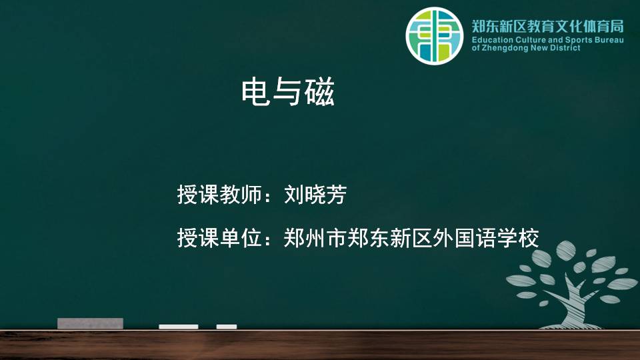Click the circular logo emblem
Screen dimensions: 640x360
click(x=434, y=36)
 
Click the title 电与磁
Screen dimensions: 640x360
click(x=288, y=93)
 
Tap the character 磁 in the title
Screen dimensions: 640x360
click(x=319, y=93)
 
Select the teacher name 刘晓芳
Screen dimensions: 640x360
click(x=315, y=194)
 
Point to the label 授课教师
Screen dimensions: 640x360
click(x=219, y=194)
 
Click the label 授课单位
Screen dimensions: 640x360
click(x=219, y=237)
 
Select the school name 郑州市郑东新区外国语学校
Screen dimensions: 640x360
click(x=411, y=237)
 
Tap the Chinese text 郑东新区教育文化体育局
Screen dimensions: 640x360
click(x=548, y=27)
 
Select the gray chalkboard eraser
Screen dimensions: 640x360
click(x=90, y=323)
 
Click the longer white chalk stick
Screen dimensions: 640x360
click(x=179, y=327)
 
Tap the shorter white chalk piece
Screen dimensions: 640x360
click(x=227, y=327)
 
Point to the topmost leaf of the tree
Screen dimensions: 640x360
click(x=566, y=249)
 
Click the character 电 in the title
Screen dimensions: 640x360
click(x=256, y=93)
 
